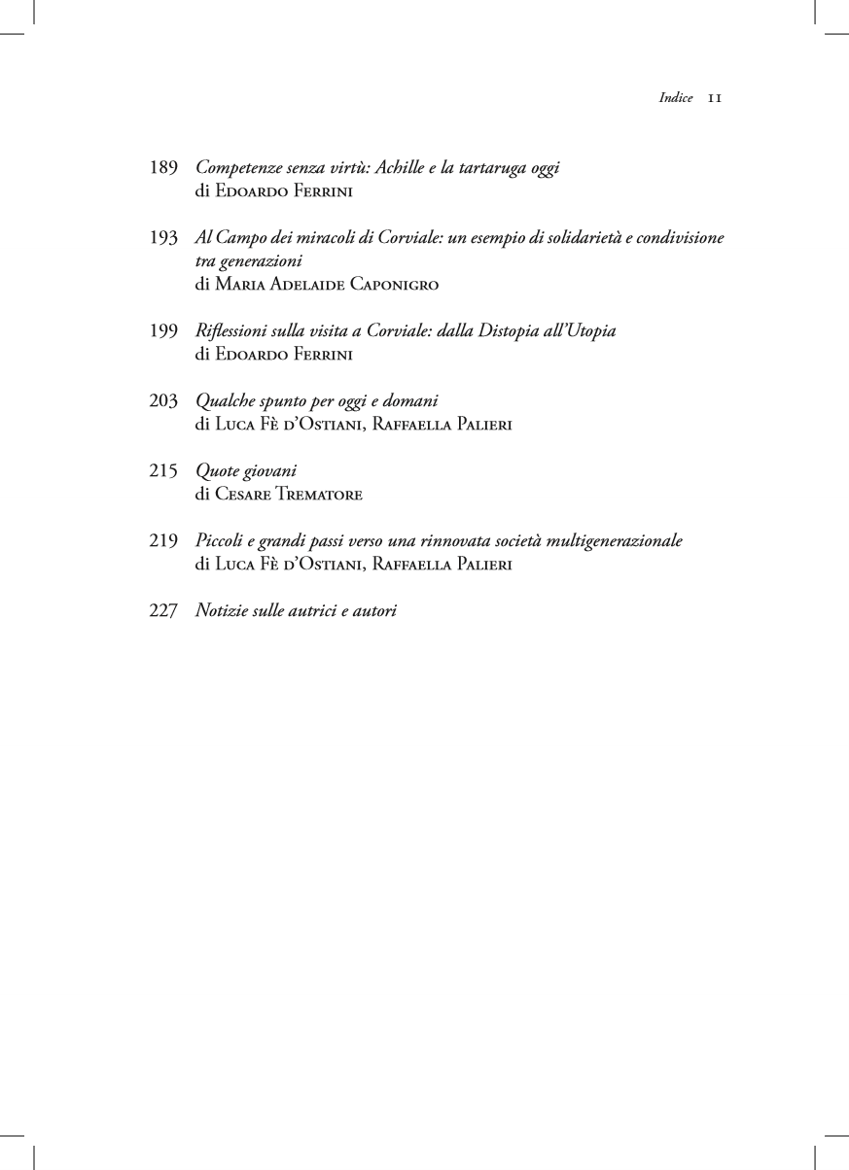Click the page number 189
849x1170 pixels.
tap(163, 168)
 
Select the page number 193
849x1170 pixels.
tap(163, 238)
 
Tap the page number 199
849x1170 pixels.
tap(163, 331)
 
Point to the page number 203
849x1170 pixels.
tap(163, 400)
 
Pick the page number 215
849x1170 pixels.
tap(163, 471)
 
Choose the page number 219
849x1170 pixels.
tap(163, 541)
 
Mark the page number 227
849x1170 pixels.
tap(163, 611)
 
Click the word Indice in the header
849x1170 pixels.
tap(676, 98)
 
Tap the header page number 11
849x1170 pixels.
tap(714, 98)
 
